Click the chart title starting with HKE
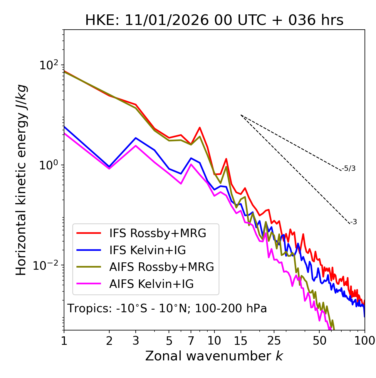pyautogui.click(x=214, y=20)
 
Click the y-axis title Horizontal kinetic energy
pyautogui.click(x=21, y=180)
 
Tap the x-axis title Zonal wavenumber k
pyautogui.click(x=214, y=356)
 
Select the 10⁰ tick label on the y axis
pyautogui.click(x=48, y=165)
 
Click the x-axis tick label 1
pyautogui.click(x=64, y=341)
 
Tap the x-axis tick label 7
pyautogui.click(x=191, y=341)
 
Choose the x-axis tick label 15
pyautogui.click(x=241, y=341)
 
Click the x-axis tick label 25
pyautogui.click(x=274, y=341)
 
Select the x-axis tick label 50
pyautogui.click(x=319, y=341)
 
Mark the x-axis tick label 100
pyautogui.click(x=365, y=341)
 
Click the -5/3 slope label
pyautogui.click(x=349, y=168)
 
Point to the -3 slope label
pyautogui.click(x=353, y=222)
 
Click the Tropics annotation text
pyautogui.click(x=167, y=308)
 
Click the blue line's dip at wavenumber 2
pyautogui.click(x=109, y=167)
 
